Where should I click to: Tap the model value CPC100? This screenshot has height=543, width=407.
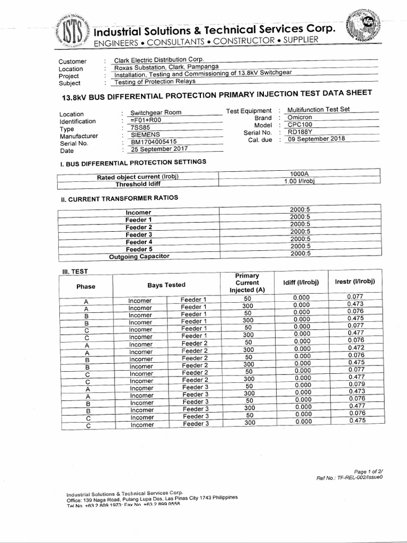click(x=299, y=125)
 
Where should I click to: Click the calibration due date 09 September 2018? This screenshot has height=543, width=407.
click(x=316, y=139)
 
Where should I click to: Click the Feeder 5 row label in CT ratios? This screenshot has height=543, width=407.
click(x=139, y=249)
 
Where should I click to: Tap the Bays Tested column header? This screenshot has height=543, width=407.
click(x=166, y=285)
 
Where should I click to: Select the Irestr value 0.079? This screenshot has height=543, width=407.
click(x=356, y=384)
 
